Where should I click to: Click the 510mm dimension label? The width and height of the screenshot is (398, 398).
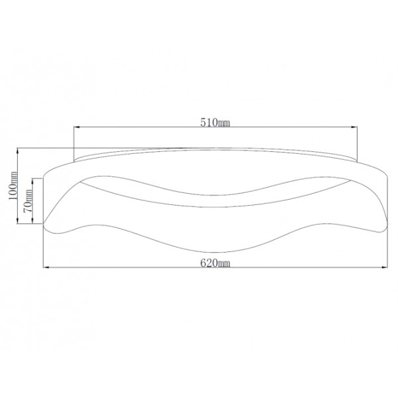tap(215, 123)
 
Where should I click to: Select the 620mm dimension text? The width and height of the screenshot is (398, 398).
tap(215, 263)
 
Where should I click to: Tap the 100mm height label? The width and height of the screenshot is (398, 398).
tap(13, 186)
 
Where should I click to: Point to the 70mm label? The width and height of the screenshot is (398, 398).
tap(28, 201)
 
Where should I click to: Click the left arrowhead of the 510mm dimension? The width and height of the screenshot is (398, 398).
tap(77, 127)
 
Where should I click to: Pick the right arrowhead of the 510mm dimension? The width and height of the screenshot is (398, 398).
tap(354, 127)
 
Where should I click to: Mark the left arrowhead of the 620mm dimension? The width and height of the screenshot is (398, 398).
tap(46, 267)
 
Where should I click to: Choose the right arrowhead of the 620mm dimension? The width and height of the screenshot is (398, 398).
tap(384, 267)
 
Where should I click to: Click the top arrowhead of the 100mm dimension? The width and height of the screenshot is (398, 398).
tap(17, 151)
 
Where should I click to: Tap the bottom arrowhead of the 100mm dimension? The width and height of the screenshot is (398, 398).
tap(17, 220)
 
